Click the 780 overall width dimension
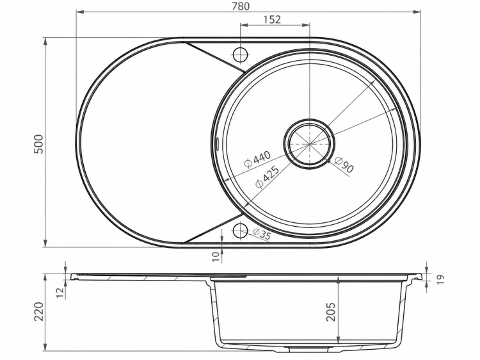tap(241, 6)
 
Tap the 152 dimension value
tap(272, 20)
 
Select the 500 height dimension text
tap(39, 144)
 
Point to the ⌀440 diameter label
tap(257, 159)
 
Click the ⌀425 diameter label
tap(268, 177)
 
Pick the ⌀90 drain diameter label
tap(344, 164)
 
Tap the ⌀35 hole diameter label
tap(262, 234)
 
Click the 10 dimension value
tap(216, 256)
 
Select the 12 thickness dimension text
tap(61, 292)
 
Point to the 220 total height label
tap(38, 311)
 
